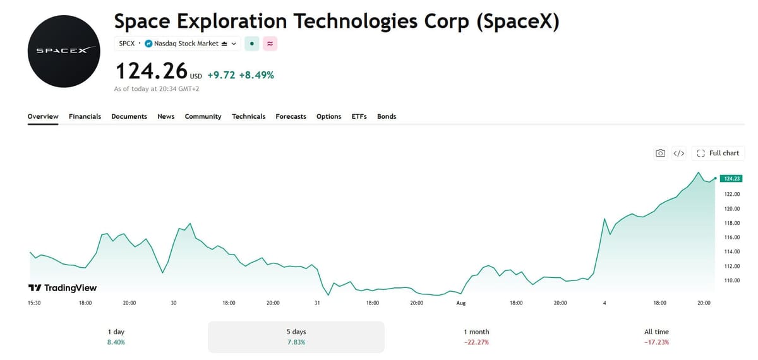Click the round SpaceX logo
coord(64,51)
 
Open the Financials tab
coord(85,116)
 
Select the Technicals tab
coord(248,116)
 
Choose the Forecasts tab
coord(291,116)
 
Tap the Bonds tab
coord(387,116)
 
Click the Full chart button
coord(718,153)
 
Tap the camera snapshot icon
coord(660,153)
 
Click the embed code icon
coord(679,153)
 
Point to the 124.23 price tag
coord(731,179)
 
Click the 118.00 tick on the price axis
coord(732,223)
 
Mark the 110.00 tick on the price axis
coord(732,280)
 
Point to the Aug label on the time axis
coord(461,303)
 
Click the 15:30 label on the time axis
coord(34,303)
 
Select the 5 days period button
coord(296,337)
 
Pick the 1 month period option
coord(476,337)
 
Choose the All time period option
coord(656,337)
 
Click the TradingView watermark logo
coord(63,288)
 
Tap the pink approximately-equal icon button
coord(270,44)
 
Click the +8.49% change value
coord(256,75)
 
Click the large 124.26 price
coord(152,71)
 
